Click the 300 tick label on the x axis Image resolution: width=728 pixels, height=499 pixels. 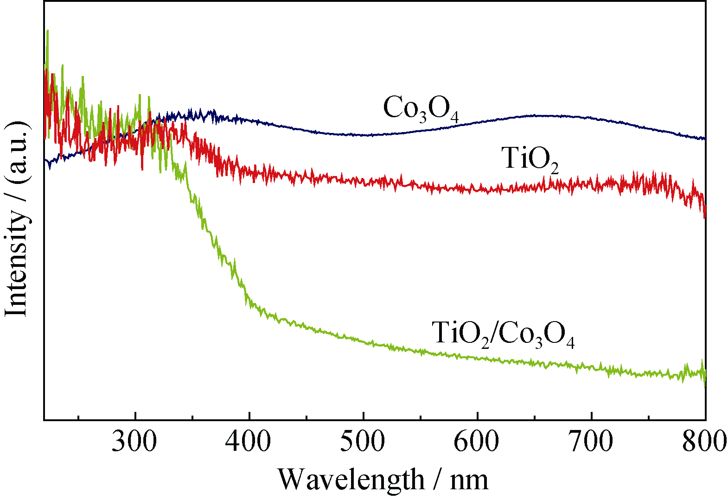click(x=134, y=442)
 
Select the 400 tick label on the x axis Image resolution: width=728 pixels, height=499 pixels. click(x=249, y=442)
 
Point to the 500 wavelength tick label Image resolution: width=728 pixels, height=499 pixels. click(x=363, y=442)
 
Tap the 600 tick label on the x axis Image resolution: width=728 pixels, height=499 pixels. click(x=477, y=442)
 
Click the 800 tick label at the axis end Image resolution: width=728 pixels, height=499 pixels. click(x=704, y=442)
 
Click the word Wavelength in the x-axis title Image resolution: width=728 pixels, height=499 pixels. click(x=351, y=480)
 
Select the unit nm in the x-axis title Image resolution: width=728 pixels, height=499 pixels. click(x=469, y=480)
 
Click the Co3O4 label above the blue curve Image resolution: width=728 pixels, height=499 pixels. click(x=421, y=109)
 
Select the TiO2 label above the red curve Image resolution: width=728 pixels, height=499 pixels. click(x=530, y=159)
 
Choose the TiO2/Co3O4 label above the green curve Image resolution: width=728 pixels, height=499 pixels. click(x=503, y=333)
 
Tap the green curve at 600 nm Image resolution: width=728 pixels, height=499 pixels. click(x=477, y=358)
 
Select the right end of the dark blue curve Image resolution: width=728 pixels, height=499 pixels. click(x=704, y=138)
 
